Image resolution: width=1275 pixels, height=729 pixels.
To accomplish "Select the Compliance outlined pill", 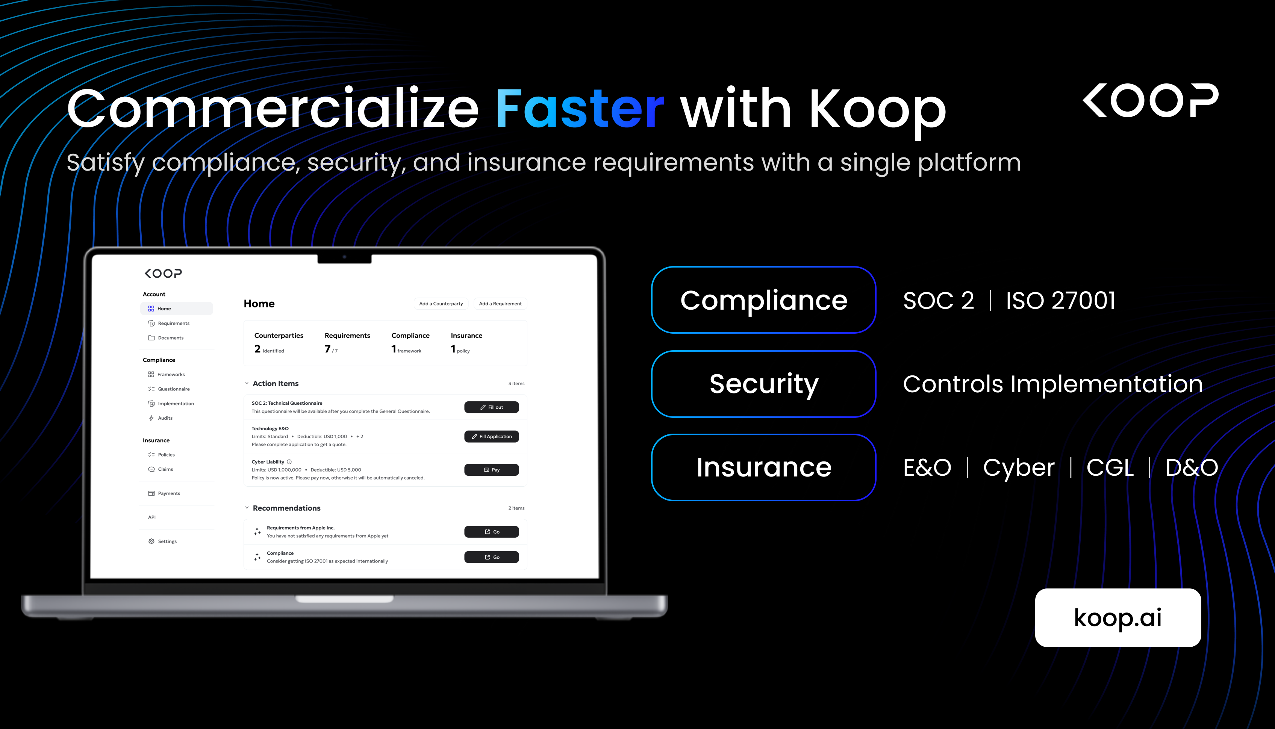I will (x=763, y=300).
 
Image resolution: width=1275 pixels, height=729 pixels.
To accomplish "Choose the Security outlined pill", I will (x=763, y=384).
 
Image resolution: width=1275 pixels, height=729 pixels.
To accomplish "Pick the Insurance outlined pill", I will (x=763, y=467).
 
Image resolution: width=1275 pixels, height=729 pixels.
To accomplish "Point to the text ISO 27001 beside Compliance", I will (x=1060, y=300).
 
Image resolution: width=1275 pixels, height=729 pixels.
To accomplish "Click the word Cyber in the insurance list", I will (x=1018, y=467).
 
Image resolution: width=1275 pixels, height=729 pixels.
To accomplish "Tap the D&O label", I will (x=1192, y=467).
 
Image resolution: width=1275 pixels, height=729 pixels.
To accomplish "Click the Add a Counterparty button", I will (x=441, y=303).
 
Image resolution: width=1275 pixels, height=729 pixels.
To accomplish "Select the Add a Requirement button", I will (x=500, y=303).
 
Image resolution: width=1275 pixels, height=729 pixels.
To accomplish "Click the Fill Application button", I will (x=491, y=437).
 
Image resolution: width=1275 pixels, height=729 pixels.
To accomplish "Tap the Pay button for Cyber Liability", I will (x=491, y=470).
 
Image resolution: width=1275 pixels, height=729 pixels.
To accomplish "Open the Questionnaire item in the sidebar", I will (x=173, y=389).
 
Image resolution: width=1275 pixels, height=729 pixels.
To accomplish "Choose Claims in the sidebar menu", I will (x=165, y=469).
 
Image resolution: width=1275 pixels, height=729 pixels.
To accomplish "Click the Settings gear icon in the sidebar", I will (x=151, y=541).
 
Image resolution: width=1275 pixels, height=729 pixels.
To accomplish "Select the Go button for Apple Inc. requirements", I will (x=491, y=532).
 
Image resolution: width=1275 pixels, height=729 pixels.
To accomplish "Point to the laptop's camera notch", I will (x=345, y=257).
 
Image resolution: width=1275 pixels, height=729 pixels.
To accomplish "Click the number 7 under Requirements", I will (x=327, y=349).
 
